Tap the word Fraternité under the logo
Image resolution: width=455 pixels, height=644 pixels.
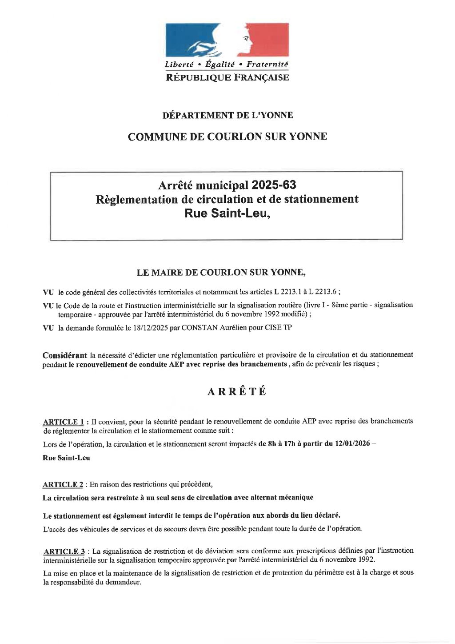pos(267,64)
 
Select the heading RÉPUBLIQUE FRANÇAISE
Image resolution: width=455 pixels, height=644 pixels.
pos(227,78)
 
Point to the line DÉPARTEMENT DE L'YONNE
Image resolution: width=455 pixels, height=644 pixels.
pos(227,115)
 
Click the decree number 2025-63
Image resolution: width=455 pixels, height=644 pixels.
pos(274,185)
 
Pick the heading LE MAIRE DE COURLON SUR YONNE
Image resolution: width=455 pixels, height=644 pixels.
pos(221,272)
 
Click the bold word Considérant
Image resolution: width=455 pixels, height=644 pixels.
pos(65,355)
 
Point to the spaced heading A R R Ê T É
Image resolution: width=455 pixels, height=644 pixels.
pos(237,391)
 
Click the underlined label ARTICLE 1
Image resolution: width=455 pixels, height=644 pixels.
pos(63,422)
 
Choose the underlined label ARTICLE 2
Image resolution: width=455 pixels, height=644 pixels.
pos(63,484)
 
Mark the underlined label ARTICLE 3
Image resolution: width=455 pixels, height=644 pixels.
pos(64,551)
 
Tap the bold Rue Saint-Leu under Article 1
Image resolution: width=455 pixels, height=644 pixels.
pos(66,458)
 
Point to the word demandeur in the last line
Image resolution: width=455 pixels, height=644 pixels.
pos(123,582)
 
